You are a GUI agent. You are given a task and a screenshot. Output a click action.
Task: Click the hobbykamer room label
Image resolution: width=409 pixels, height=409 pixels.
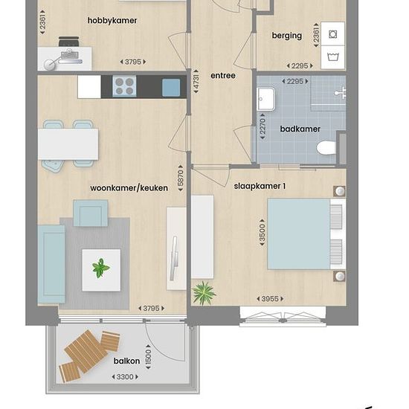[112, 21]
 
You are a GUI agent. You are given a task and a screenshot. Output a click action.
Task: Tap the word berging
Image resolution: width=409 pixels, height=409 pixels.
[287, 36]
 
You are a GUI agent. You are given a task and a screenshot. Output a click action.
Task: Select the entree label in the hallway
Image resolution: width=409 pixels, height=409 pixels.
[223, 76]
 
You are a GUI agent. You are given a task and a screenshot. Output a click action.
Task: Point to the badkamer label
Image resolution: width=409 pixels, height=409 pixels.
[300, 129]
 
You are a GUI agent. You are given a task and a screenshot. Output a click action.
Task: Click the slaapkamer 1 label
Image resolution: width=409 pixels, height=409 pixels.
[260, 186]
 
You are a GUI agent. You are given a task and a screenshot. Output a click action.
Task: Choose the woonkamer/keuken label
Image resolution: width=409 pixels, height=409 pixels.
[129, 188]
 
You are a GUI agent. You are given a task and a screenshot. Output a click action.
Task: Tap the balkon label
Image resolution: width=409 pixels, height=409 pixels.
[126, 361]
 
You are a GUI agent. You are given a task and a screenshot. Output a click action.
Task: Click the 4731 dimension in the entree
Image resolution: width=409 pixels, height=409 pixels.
[196, 82]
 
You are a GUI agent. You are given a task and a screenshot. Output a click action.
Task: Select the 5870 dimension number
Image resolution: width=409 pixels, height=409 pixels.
[181, 178]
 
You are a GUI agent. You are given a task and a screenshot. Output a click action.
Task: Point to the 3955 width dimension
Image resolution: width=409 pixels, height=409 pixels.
[270, 299]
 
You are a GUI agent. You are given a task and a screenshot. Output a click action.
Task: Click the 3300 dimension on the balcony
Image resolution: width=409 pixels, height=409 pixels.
[125, 377]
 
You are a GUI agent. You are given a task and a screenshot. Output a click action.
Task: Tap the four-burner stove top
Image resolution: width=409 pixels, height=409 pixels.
[124, 86]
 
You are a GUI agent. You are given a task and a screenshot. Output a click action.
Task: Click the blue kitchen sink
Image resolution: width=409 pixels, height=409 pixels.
[171, 88]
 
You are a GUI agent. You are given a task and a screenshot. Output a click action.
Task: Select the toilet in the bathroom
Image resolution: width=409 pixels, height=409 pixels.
[326, 148]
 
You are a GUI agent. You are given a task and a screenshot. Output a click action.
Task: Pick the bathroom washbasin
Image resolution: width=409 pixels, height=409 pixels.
[266, 99]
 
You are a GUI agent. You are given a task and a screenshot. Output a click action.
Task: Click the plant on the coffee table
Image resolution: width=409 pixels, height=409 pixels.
[100, 268]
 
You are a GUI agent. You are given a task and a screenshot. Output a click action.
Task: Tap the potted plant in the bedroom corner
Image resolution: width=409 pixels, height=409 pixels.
[204, 293]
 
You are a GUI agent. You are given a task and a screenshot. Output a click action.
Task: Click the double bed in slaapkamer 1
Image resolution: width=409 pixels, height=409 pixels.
[306, 234]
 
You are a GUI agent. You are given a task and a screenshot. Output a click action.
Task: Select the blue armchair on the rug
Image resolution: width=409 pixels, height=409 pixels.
[91, 213]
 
